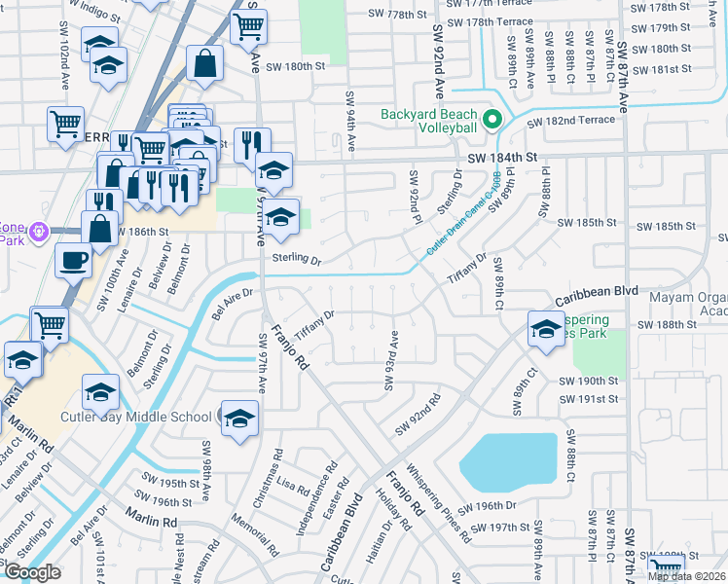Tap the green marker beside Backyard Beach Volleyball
point(492,121)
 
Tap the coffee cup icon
point(73,261)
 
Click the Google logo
point(32,572)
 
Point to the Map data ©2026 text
point(685,576)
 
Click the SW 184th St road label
point(501,157)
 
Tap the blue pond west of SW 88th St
point(506,461)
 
